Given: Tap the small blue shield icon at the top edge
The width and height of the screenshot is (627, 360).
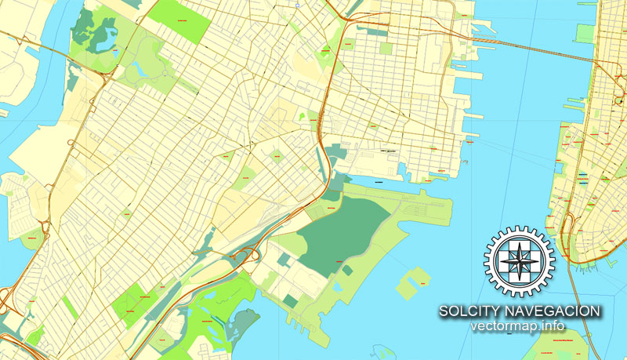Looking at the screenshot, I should coord(299,4).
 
